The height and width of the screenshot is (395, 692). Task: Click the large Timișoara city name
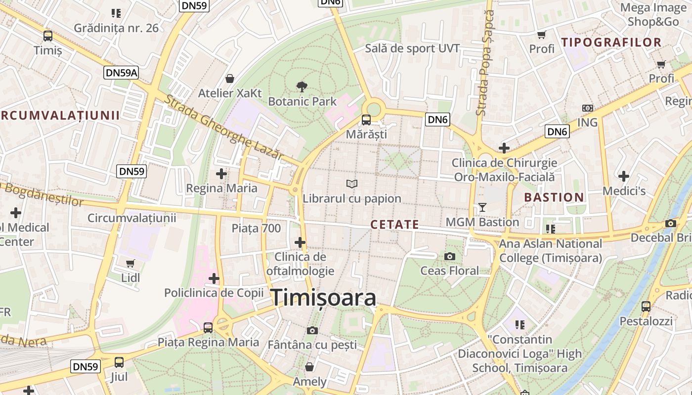coord(324,298)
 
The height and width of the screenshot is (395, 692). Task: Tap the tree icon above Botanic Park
coord(302,87)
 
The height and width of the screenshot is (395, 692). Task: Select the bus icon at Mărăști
coord(366,120)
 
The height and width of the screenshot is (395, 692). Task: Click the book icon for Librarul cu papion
coord(352,184)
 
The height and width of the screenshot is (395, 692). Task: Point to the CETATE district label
coord(394,225)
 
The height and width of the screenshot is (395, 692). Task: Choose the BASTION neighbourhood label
coord(554,197)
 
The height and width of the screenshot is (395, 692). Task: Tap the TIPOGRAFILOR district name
coord(611,42)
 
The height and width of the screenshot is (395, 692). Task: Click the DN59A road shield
coord(122,73)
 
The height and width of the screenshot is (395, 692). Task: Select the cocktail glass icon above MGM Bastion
coord(482,207)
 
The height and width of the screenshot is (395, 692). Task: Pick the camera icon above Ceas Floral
coord(449,256)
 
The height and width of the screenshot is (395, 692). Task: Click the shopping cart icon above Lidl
coord(130,264)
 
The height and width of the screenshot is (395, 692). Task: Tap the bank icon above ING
coord(587,108)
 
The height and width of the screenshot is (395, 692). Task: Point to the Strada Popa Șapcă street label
coord(485,64)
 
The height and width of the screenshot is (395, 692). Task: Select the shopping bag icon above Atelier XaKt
coord(230,79)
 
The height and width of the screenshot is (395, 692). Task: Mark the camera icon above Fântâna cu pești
coord(312,330)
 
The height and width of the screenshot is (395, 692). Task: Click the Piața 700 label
coord(256,228)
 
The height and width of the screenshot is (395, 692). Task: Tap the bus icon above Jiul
coord(119,362)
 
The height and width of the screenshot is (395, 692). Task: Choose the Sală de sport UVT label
coord(412,48)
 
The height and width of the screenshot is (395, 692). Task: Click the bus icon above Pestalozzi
coord(646,307)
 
